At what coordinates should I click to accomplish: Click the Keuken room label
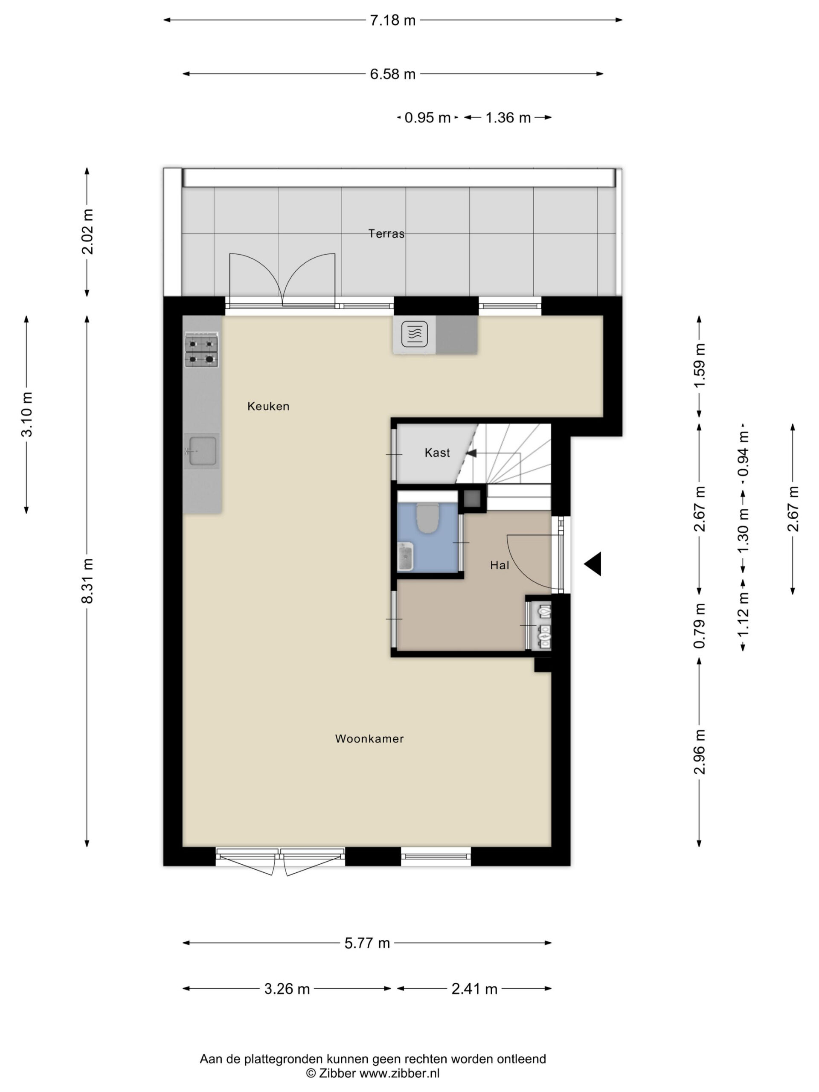point(268,406)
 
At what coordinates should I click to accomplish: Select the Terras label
point(386,233)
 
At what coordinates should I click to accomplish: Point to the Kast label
point(437,453)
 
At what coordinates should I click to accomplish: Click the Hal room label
point(500,565)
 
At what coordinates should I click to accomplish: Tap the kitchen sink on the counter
point(201,451)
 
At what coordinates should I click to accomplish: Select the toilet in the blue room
point(427,518)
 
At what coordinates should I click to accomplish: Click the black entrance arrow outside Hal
point(593,564)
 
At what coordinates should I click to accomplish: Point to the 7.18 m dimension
point(393,20)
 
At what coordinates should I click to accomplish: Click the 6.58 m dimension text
point(393,74)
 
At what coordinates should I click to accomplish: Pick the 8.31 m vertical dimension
point(87,581)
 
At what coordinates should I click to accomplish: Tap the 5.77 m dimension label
point(367,944)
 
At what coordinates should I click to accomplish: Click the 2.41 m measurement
point(474,989)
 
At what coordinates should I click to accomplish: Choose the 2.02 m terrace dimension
point(87,232)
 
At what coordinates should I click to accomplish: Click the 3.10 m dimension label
point(26,414)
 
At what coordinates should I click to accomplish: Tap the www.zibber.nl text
point(399,1073)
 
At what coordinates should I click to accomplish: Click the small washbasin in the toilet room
point(405,557)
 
